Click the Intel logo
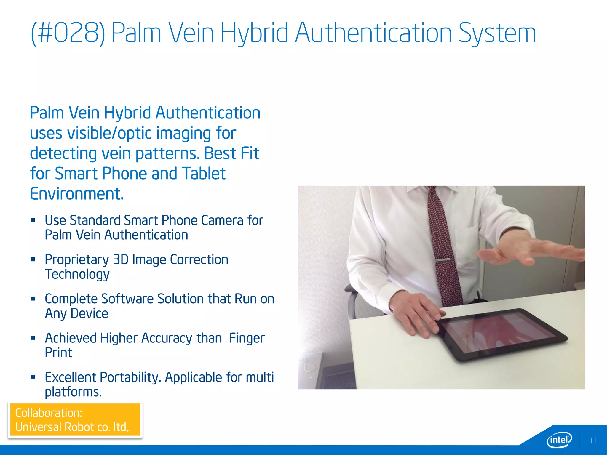[559, 440]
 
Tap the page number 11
[593, 441]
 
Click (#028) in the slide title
[68, 33]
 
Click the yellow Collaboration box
[75, 420]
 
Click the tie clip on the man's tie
[443, 260]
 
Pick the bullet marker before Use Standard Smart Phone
[33, 220]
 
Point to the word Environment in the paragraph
[76, 194]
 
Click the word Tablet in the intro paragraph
[204, 174]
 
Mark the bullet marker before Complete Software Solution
[33, 299]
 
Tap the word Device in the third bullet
[89, 313]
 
